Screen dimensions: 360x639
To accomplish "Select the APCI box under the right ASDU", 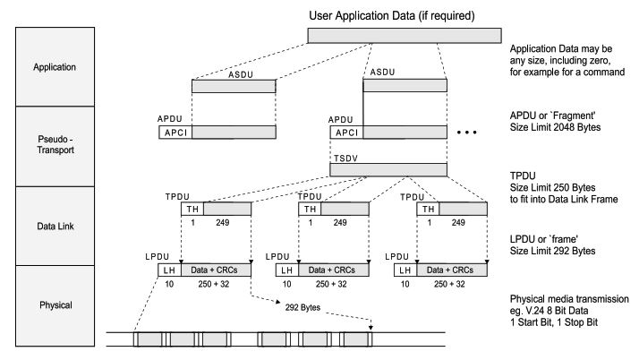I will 346,132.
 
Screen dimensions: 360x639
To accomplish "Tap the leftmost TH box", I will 192,209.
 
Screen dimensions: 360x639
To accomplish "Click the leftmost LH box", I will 168,269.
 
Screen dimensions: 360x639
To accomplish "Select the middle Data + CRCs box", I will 334,269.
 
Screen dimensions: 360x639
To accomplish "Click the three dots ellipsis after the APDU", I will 471,133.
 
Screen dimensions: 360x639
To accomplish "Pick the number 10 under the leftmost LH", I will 168,284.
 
